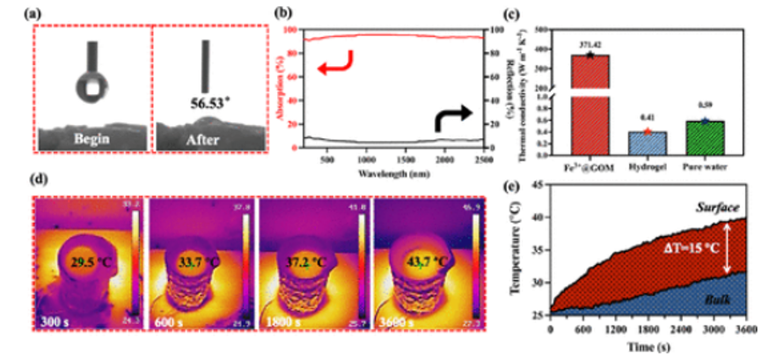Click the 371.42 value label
click(589, 43)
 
